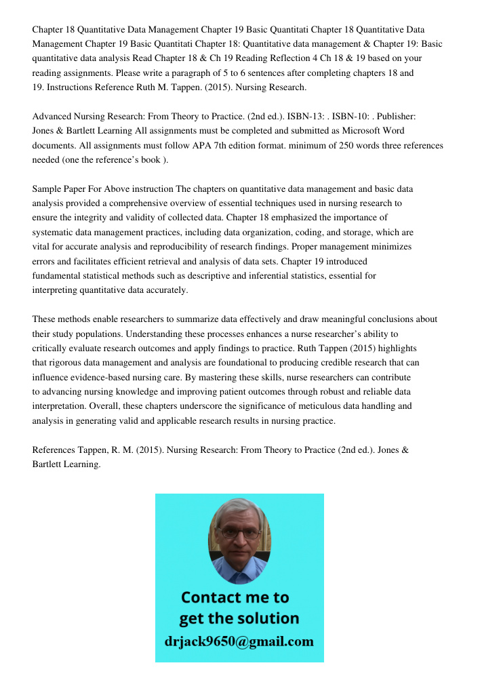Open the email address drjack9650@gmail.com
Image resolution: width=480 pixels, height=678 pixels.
click(x=239, y=641)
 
